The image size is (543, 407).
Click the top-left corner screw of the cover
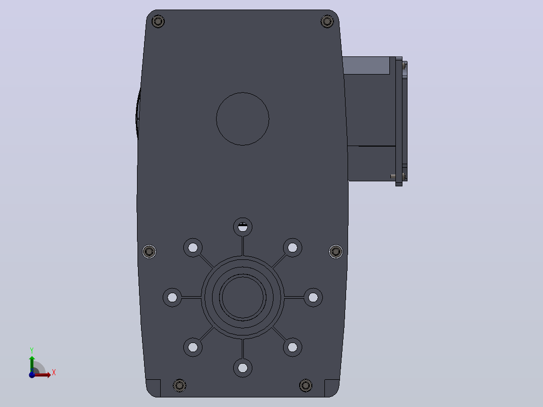[x=158, y=22]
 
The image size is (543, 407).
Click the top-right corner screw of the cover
[x=327, y=22]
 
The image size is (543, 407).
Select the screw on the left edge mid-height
[x=149, y=251]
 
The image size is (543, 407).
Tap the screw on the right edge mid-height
[x=335, y=251]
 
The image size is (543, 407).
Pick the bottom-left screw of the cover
[x=179, y=385]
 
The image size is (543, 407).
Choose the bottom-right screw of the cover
[x=305, y=385]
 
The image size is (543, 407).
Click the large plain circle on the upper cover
[x=243, y=119]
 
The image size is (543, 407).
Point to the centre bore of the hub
[x=243, y=297]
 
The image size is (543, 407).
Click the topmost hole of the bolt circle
[x=243, y=227]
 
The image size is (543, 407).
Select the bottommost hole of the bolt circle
[x=243, y=368]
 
